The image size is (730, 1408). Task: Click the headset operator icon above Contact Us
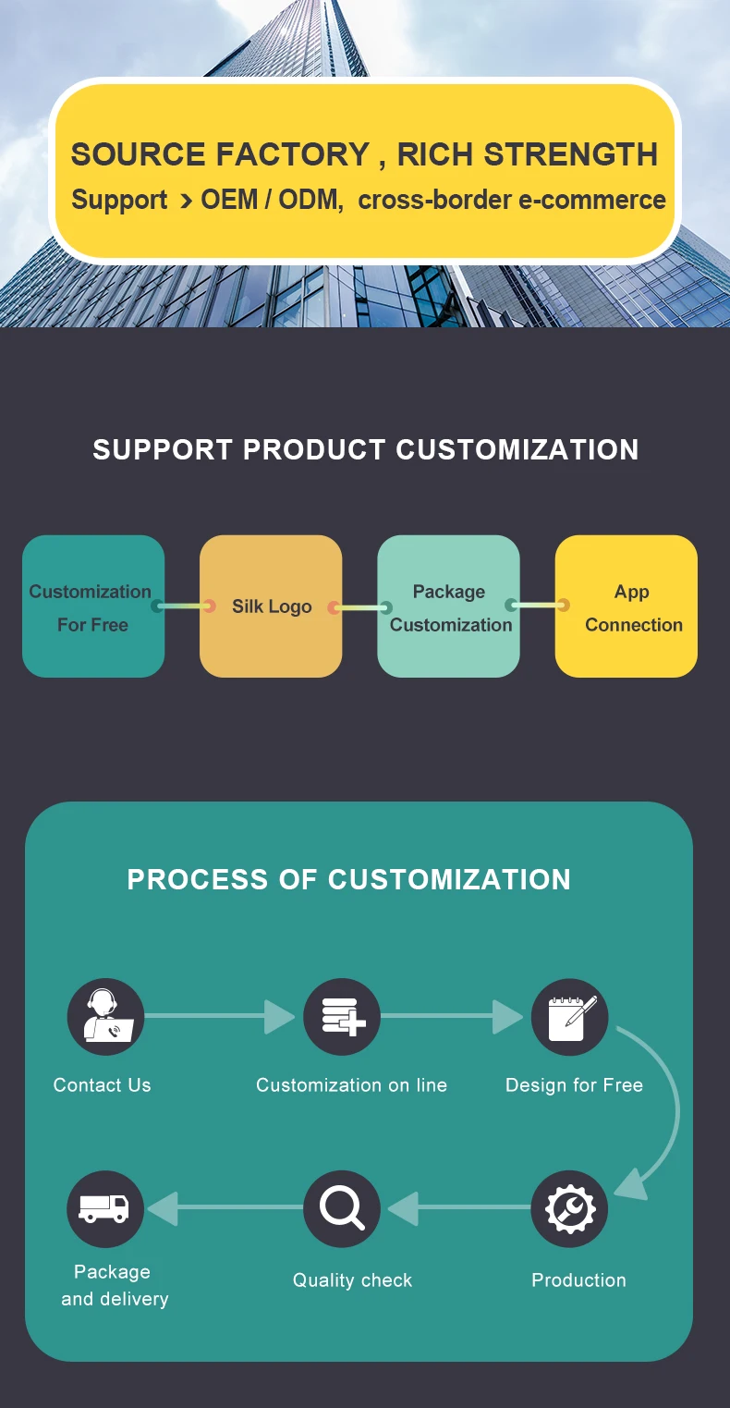[x=105, y=1017]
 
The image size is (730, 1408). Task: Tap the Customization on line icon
[x=342, y=1017]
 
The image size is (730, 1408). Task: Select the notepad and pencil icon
[x=569, y=1017]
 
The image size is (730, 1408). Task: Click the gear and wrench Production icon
[x=569, y=1208]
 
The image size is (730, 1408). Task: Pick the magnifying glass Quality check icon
[x=342, y=1208]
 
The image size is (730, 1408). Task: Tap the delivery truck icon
[x=105, y=1208]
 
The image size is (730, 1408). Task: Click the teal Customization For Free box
[x=92, y=606]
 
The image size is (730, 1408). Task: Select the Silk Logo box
[x=271, y=606]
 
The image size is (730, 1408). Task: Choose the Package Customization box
[x=448, y=606]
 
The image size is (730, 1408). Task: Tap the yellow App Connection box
[x=627, y=606]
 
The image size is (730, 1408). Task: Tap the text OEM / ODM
[x=269, y=200]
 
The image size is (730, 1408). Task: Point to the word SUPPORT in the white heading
[x=163, y=449]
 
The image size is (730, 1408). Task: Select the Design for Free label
[x=574, y=1085]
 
